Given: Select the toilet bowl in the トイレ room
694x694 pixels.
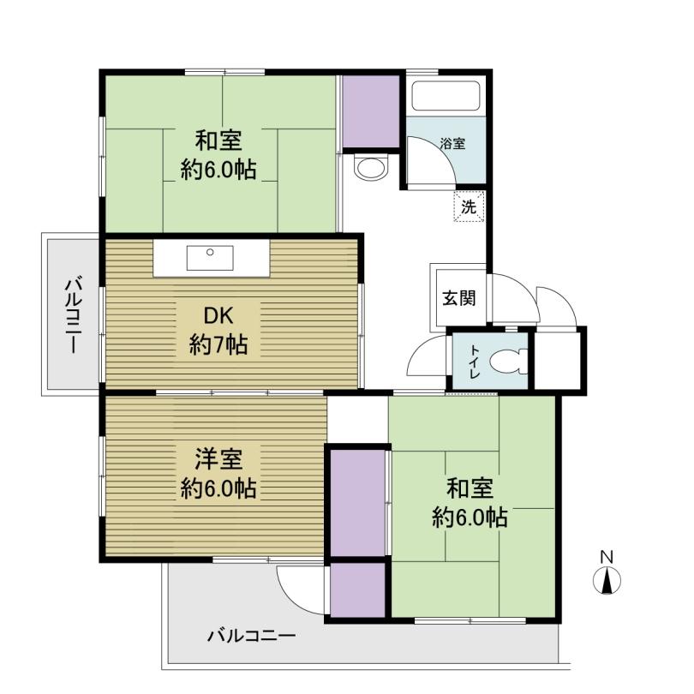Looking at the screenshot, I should coord(512,359).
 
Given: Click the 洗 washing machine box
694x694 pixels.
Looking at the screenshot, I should coord(468,206).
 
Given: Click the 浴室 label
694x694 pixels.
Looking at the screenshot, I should coord(452,144).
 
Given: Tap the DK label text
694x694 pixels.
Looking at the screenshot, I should coord(218,314).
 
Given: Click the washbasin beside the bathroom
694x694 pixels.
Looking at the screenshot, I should coord(370,167).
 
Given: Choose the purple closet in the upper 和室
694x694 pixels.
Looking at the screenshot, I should coord(371,111).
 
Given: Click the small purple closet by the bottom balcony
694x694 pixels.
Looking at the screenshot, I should coord(358,589).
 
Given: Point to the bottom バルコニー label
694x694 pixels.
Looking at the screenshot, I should coord(251,637).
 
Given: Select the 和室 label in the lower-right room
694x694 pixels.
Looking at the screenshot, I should coord(470,488).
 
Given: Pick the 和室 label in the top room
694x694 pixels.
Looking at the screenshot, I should coord(218,139).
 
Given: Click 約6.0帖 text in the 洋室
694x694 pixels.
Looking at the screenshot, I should coord(218,489).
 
